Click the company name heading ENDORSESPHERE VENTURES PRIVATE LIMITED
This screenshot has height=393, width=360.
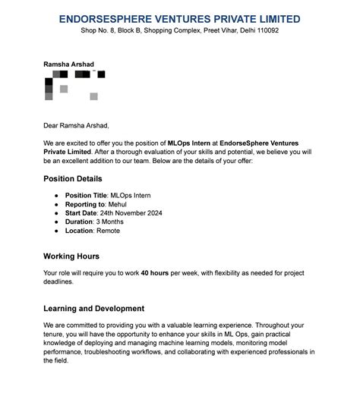coord(179,19)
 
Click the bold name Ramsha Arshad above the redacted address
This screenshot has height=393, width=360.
coord(69,64)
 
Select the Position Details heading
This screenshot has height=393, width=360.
coord(73,179)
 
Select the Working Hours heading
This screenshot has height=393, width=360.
coord(71,256)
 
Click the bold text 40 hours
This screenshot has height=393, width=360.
coord(155,272)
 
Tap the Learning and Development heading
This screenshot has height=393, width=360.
coord(94,309)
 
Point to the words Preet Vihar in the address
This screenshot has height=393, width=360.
coord(219,31)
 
